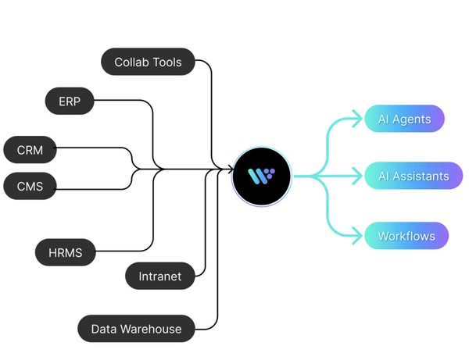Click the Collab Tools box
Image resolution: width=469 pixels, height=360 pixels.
click(x=149, y=62)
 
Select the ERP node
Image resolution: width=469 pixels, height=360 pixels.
click(x=70, y=101)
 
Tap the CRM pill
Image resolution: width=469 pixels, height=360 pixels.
click(x=30, y=148)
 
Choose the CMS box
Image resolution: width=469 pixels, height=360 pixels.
click(x=30, y=186)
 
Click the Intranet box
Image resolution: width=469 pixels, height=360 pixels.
click(x=160, y=276)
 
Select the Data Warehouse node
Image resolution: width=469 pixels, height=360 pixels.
click(x=136, y=329)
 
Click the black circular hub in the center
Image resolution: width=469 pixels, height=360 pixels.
click(x=262, y=176)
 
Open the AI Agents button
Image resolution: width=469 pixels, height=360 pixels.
click(x=404, y=119)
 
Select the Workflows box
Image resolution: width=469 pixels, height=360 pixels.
click(x=406, y=236)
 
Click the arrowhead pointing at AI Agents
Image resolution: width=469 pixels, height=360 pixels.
click(x=360, y=119)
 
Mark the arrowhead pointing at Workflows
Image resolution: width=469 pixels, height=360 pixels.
click(x=360, y=234)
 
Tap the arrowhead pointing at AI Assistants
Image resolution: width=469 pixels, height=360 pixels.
click(x=360, y=176)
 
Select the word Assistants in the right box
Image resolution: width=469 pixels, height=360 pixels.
click(x=421, y=176)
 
